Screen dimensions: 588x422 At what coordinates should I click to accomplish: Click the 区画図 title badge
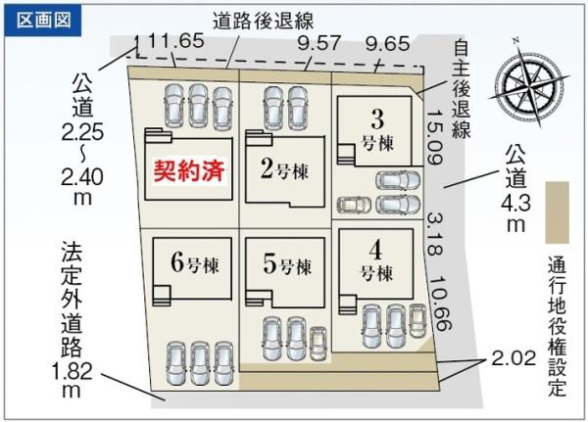tap(43, 21)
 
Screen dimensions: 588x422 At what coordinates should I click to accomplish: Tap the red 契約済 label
tap(189, 170)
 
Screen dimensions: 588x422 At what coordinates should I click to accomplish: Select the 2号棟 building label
tap(285, 169)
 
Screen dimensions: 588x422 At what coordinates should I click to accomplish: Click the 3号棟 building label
tap(377, 130)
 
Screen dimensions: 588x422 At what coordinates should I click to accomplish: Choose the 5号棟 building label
tap(287, 264)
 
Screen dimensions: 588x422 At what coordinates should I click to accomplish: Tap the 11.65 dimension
tap(175, 40)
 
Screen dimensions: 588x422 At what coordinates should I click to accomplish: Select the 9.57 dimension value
tap(318, 43)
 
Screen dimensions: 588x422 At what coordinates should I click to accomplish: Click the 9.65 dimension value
tap(388, 44)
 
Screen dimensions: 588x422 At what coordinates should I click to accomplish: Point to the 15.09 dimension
tap(434, 136)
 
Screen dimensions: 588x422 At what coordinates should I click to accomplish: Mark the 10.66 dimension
tap(441, 305)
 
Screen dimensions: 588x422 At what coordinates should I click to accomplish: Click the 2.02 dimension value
tap(514, 358)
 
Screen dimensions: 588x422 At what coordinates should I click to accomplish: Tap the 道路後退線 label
tap(264, 21)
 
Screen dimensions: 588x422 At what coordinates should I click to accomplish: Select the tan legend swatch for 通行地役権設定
tap(558, 212)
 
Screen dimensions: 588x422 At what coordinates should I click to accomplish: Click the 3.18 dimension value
tap(434, 235)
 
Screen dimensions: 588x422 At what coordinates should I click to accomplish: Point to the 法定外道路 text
tap(72, 298)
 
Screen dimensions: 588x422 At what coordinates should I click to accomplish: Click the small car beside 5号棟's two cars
tap(318, 344)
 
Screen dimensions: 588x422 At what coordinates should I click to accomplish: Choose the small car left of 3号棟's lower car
tap(354, 205)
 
